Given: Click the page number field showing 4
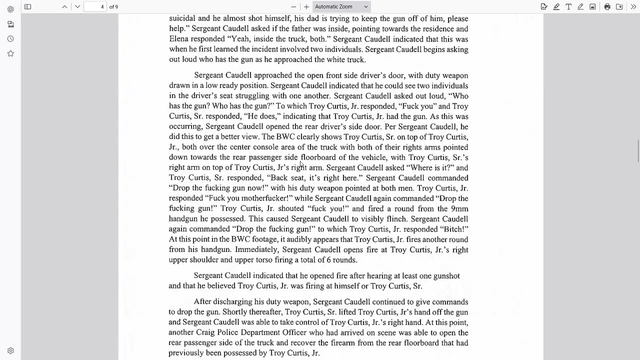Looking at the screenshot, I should tap(95, 6).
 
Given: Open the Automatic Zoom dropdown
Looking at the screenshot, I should tap(342, 6).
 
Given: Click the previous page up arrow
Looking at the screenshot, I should tap(64, 6).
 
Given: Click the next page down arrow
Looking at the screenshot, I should tap(77, 6).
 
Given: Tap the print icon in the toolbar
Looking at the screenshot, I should tap(607, 6).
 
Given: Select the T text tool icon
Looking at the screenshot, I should tap(568, 6).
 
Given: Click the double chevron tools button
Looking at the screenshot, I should tap(633, 6).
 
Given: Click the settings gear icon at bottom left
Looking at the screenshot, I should tap(10, 351).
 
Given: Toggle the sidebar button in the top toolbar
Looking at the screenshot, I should tap(28, 6).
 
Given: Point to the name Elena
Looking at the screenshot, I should tap(179, 39).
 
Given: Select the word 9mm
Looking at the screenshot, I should tap(459, 209).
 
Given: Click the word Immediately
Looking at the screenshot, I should tap(256, 249).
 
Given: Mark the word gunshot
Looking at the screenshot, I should tap(444, 276).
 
